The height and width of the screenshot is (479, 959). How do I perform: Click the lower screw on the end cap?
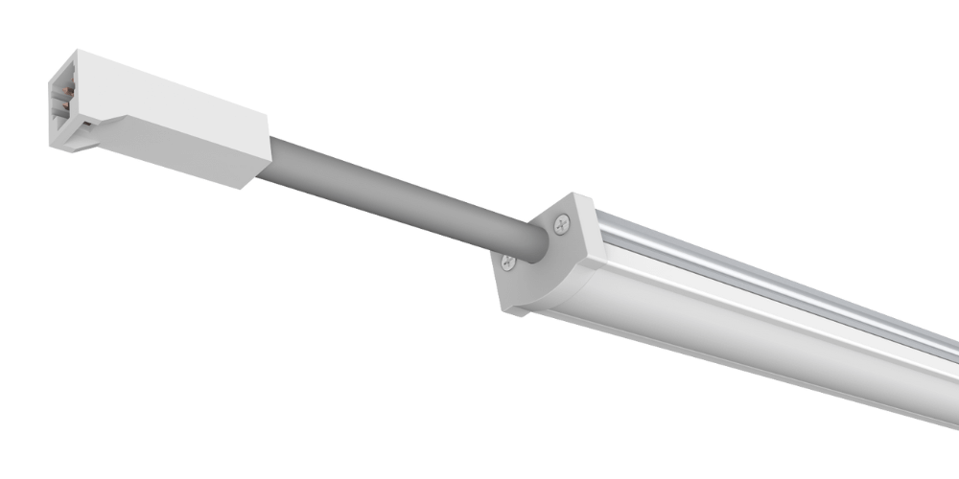pos(509,262)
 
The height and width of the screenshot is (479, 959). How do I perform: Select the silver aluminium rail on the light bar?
pos(767,278)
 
